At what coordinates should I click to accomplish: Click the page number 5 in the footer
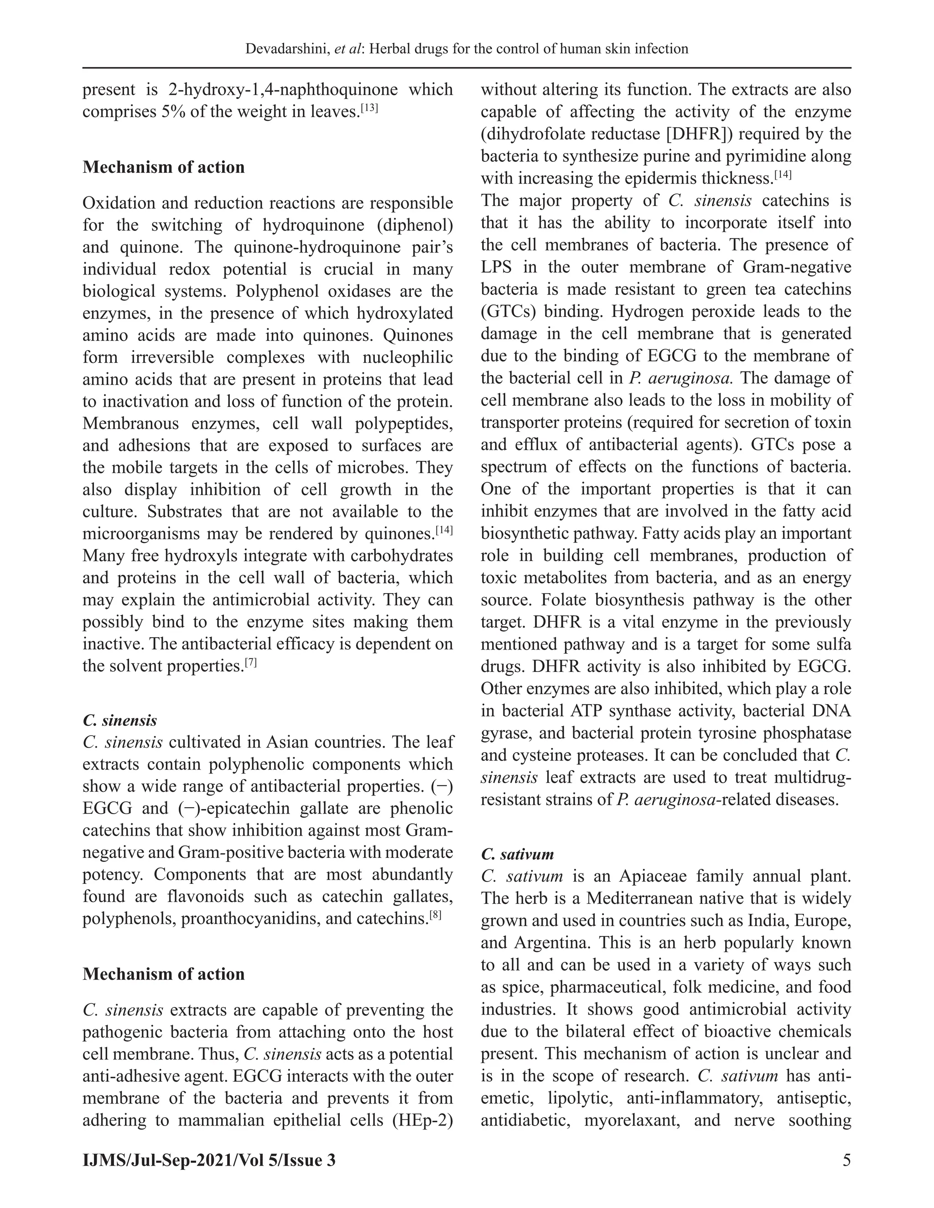pyautogui.click(x=846, y=1160)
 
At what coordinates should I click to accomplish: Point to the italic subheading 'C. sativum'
pyautogui.click(x=517, y=855)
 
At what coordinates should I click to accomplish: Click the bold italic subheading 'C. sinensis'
pyautogui.click(x=119, y=721)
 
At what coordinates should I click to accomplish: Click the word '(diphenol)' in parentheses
pyautogui.click(x=418, y=225)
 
